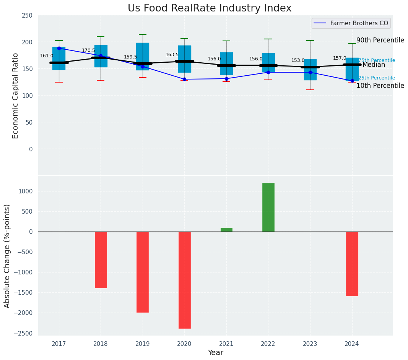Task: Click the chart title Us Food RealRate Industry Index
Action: click(x=210, y=8)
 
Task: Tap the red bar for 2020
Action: click(x=184, y=280)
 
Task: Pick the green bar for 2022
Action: click(x=268, y=207)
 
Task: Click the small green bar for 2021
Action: click(x=226, y=230)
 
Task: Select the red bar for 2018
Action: click(x=101, y=259)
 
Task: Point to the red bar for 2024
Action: click(x=352, y=264)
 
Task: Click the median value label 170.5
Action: click(x=88, y=50)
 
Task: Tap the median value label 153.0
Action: click(x=298, y=60)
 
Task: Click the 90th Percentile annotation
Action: click(x=380, y=40)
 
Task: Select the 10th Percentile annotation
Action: click(x=380, y=86)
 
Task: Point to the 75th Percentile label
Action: click(x=376, y=60)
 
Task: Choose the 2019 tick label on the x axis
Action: click(x=143, y=344)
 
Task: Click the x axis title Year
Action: click(x=215, y=353)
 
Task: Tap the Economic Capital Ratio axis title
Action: click(x=15, y=96)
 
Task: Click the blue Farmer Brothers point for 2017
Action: click(x=59, y=48)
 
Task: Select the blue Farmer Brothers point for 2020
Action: click(x=184, y=79)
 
